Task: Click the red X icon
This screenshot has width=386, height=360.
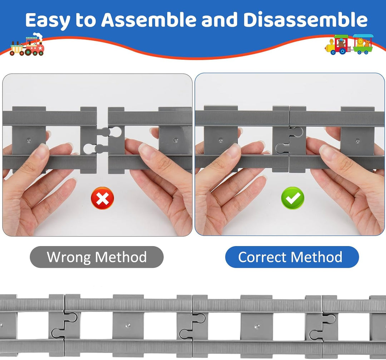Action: tap(103, 198)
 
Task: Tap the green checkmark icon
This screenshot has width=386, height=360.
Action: tap(292, 198)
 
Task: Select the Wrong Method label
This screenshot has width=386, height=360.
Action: tap(96, 257)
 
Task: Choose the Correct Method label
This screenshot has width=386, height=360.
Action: tap(292, 257)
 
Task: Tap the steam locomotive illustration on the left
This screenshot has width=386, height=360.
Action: tap(27, 45)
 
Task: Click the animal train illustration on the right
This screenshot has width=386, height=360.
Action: tap(349, 44)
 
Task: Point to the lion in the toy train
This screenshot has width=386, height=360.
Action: tap(360, 42)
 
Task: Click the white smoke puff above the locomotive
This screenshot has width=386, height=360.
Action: tap(38, 36)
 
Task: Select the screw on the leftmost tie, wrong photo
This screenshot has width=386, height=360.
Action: tap(29, 140)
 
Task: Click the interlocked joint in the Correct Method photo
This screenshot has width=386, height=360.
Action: tap(289, 140)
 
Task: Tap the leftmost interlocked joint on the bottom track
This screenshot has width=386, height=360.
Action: tap(64, 325)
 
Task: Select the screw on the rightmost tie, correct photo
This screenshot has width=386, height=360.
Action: tap(357, 141)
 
